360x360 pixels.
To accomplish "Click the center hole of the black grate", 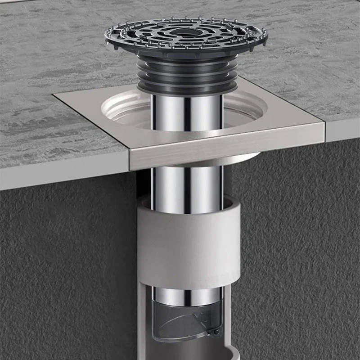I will [186, 32].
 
